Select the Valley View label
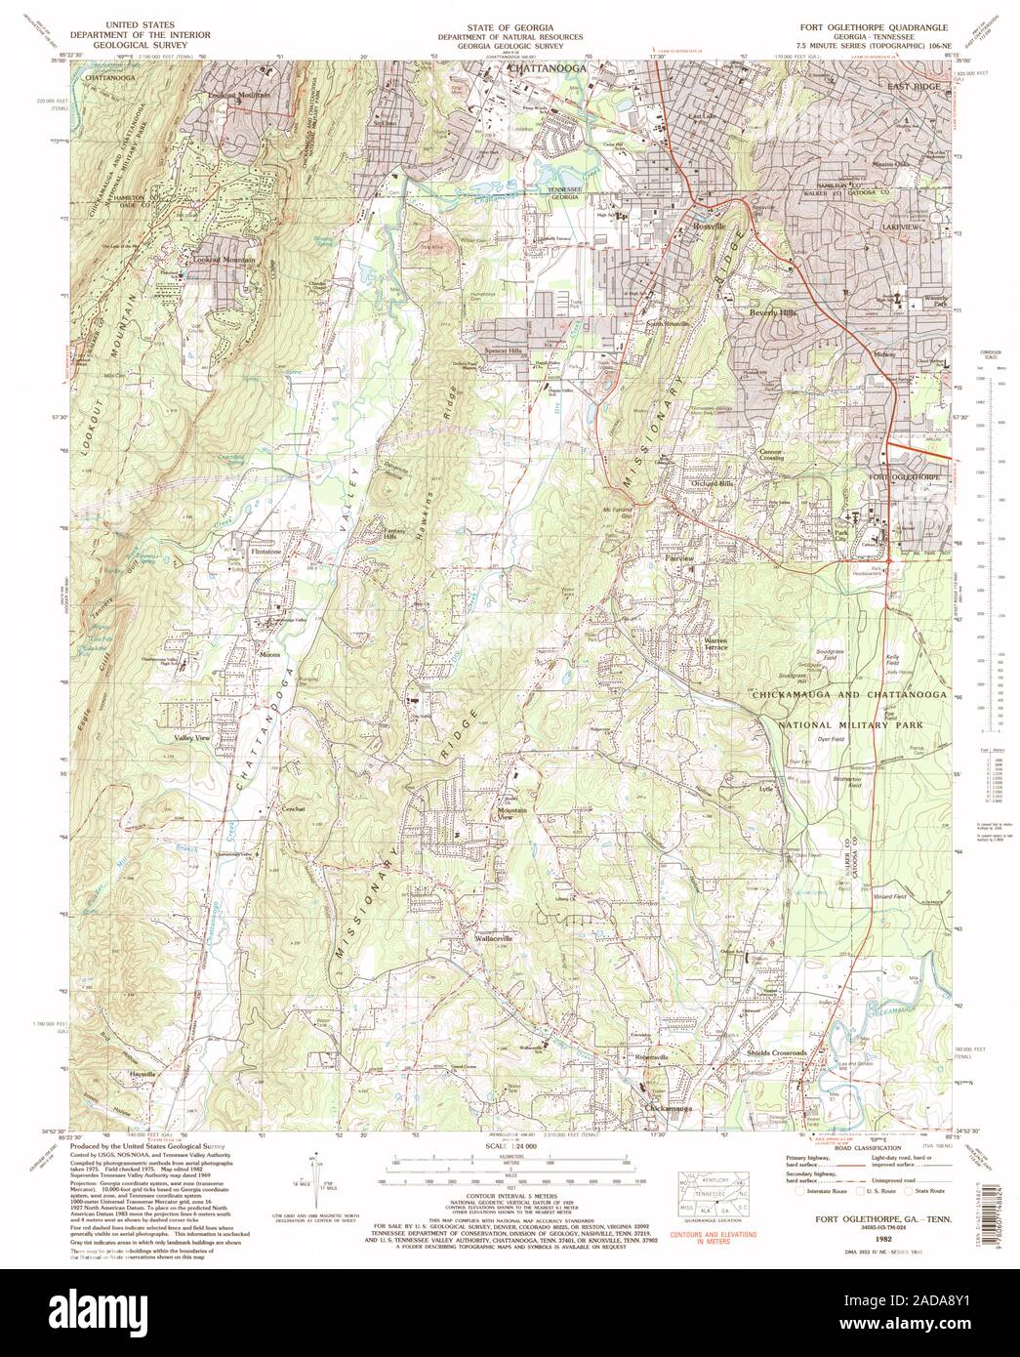192,739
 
